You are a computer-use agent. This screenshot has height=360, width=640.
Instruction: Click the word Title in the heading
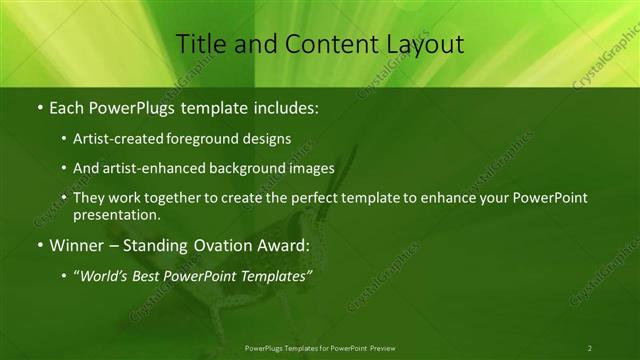tap(200, 44)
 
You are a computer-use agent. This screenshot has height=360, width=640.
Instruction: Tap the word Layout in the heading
tap(420, 44)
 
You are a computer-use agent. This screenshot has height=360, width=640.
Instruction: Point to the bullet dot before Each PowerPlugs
tap(39, 106)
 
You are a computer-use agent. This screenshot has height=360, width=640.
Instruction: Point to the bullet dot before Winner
tap(39, 245)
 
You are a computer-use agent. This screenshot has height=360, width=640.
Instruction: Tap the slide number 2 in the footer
tap(589, 348)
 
